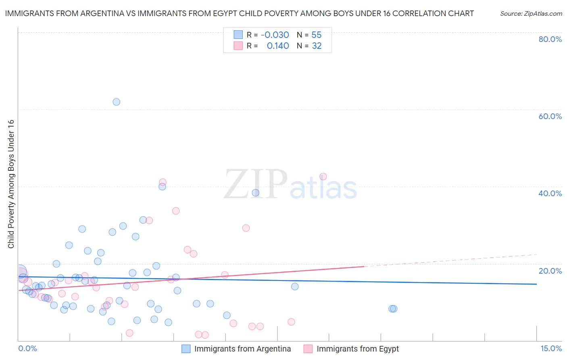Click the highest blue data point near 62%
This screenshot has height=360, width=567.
116,102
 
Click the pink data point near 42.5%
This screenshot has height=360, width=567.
323,176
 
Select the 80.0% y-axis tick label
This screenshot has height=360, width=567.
550,39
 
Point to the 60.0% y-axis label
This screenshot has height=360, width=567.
550,116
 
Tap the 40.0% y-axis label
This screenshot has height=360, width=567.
550,193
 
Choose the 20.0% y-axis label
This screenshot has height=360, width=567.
550,270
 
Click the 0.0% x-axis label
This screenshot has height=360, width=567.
27,348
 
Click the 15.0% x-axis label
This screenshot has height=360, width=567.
551,348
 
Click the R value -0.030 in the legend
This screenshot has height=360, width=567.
275,35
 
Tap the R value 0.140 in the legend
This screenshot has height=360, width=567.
278,46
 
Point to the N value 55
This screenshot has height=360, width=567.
317,35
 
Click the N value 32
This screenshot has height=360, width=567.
317,46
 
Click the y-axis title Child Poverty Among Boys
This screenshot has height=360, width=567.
11,184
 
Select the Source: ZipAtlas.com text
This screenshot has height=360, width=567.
531,14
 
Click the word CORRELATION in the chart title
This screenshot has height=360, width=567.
419,13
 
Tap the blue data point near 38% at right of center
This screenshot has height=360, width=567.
255,193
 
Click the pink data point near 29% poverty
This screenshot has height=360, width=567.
246,228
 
